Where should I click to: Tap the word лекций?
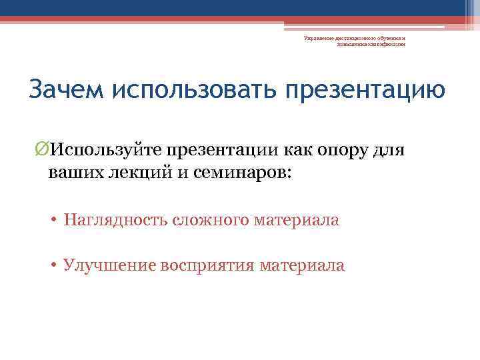point(129,172)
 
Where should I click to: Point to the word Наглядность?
point(115,220)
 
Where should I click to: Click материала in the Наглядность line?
point(297,220)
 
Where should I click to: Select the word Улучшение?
point(109,265)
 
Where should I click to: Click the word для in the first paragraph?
point(388,149)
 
